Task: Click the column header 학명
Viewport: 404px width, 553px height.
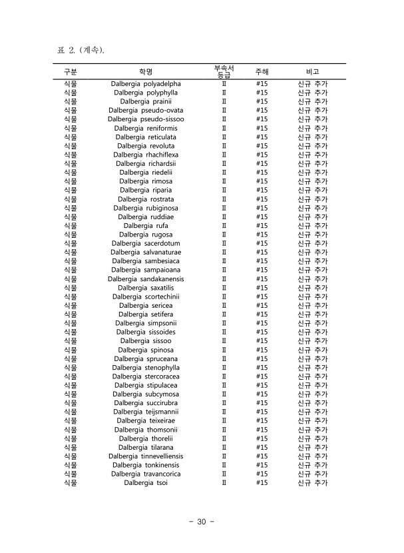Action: pyautogui.click(x=146, y=71)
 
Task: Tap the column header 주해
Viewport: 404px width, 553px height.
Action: pyautogui.click(x=262, y=71)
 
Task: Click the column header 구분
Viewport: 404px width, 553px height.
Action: pyautogui.click(x=70, y=71)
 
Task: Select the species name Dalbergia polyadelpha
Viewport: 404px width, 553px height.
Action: pyautogui.click(x=146, y=84)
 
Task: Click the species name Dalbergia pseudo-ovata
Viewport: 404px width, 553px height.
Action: pyautogui.click(x=146, y=111)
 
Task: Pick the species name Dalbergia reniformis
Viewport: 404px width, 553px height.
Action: pyautogui.click(x=146, y=128)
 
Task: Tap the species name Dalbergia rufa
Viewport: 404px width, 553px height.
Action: pyautogui.click(x=146, y=226)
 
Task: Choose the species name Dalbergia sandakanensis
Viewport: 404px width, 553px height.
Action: pyautogui.click(x=146, y=279)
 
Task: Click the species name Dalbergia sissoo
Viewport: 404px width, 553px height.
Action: pyautogui.click(x=146, y=341)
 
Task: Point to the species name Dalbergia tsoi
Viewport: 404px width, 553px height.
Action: pyautogui.click(x=146, y=483)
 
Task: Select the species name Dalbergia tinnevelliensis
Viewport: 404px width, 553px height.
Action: pyautogui.click(x=146, y=456)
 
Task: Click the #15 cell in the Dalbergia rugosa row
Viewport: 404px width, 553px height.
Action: pyautogui.click(x=262, y=235)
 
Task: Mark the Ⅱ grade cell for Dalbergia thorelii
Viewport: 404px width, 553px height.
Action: pyautogui.click(x=224, y=438)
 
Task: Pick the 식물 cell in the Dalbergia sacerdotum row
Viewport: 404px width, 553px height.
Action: pyautogui.click(x=70, y=244)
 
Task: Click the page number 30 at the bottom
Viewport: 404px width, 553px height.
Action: pyautogui.click(x=201, y=522)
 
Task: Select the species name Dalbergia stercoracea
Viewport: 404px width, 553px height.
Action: pyautogui.click(x=146, y=376)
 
